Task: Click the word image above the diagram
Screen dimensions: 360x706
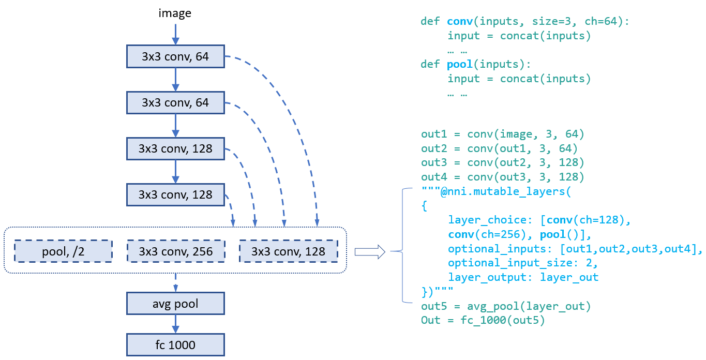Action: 175,13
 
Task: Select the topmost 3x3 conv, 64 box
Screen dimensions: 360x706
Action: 175,56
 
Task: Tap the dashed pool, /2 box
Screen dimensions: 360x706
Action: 63,252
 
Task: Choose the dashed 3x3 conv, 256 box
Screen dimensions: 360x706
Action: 175,252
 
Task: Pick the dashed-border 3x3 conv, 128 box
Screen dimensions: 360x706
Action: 288,252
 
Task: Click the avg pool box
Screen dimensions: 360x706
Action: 175,304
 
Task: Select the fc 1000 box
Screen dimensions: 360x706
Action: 175,344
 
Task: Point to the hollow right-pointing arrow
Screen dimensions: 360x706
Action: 370,252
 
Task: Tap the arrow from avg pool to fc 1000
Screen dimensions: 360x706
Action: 175,324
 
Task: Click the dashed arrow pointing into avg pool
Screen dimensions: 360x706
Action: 175,283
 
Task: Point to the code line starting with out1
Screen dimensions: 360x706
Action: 502,134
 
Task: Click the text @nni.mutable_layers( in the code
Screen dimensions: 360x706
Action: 504,192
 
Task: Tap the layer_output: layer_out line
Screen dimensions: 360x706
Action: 523,277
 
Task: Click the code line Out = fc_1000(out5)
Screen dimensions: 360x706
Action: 483,320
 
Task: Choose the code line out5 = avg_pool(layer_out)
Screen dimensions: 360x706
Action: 505,306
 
